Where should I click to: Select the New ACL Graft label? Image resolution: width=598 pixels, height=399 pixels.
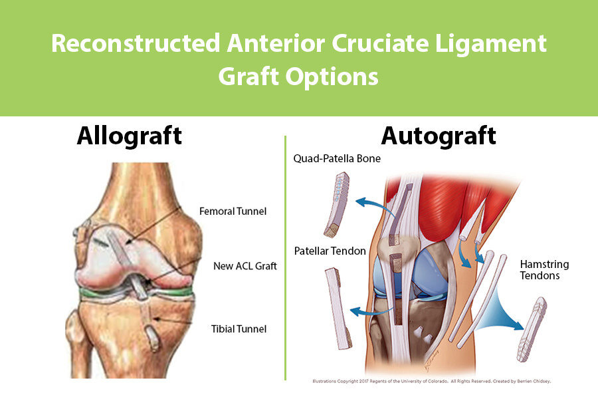coord(245,266)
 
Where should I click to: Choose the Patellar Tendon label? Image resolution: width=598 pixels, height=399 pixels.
coord(326,251)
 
